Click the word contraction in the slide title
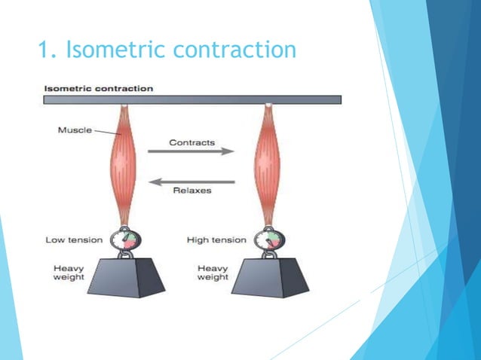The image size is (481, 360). pos(234,50)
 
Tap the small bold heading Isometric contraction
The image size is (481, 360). pos(99,88)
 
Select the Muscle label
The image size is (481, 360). pos(75,130)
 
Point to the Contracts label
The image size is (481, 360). pos(191,142)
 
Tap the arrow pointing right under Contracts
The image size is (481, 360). pos(191,151)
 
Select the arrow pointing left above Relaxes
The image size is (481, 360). pos(191,180)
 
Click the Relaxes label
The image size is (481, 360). pos(192,191)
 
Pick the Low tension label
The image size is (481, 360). pos(74,239)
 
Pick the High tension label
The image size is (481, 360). pos(216,239)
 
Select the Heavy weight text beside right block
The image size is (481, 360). pos(213,273)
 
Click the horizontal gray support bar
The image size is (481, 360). pos(192,99)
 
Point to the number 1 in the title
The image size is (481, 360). pos(43,50)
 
